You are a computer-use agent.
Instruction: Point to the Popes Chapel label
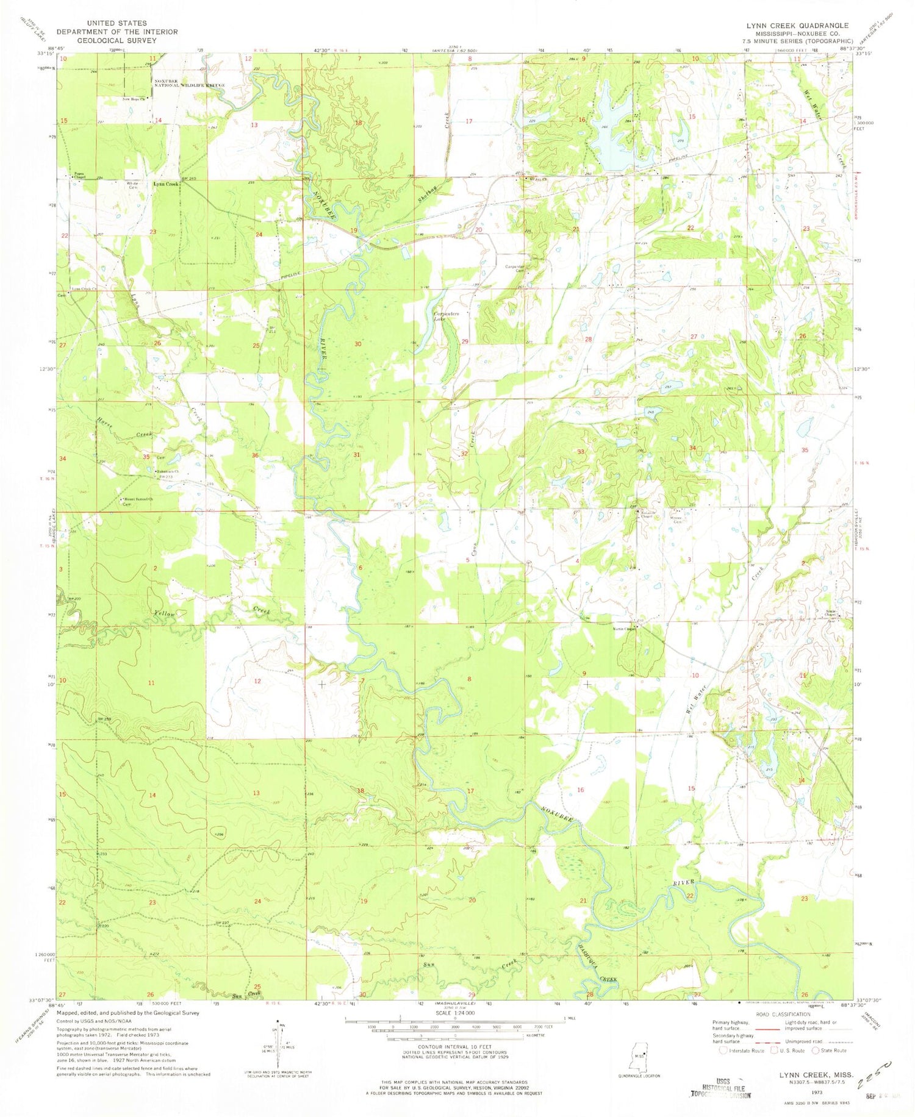pos(80,175)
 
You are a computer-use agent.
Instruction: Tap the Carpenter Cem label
pos(516,269)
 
